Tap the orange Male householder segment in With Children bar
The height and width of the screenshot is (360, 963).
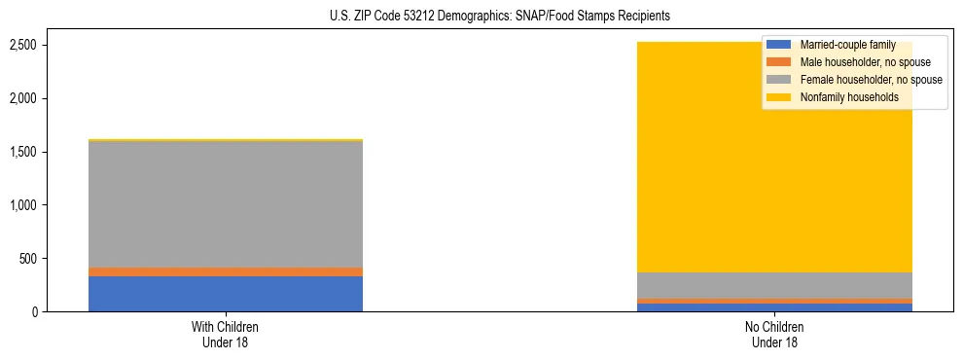pos(226,271)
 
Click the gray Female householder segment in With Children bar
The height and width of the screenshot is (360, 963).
pos(226,204)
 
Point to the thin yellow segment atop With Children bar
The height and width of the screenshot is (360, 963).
pos(226,140)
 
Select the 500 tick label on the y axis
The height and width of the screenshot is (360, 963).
pos(56,259)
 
